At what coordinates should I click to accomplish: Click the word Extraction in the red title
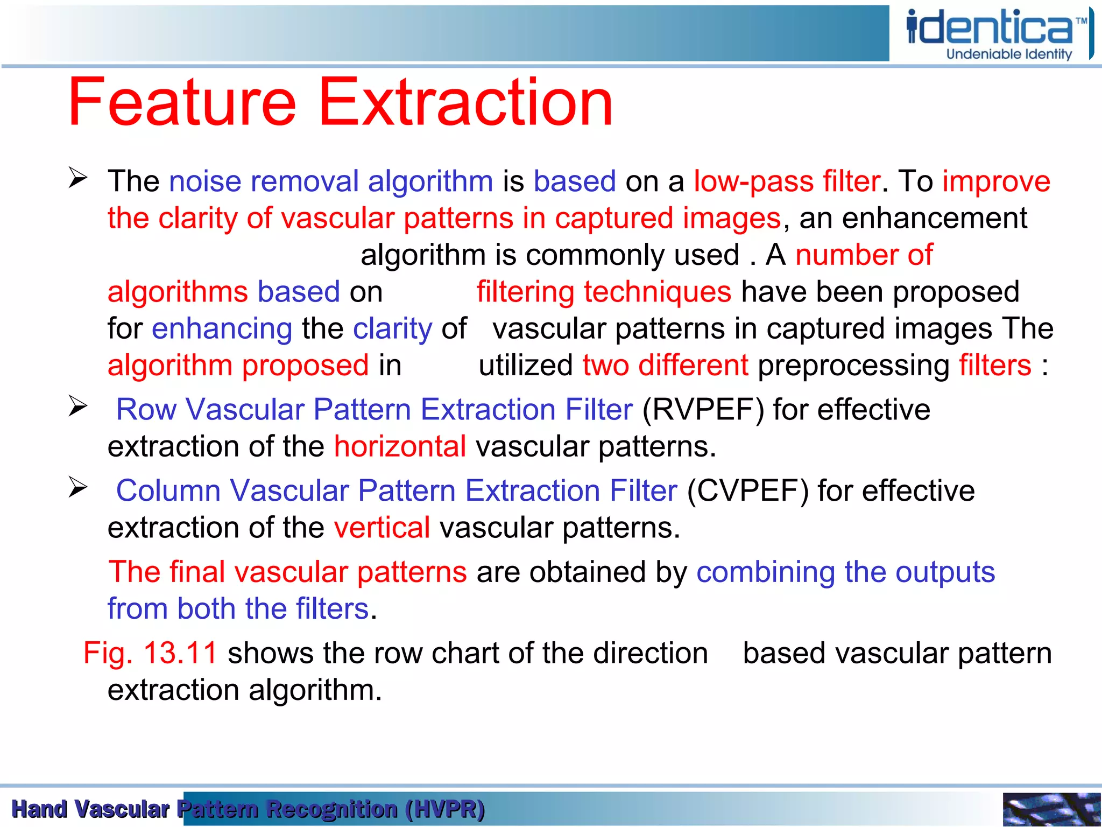pos(466,102)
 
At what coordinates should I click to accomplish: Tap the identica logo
pos(990,27)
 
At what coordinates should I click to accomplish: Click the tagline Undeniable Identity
pos(1009,54)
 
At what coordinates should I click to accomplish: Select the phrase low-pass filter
pos(787,181)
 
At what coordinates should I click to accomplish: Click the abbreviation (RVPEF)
pos(703,410)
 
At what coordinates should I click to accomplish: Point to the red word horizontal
pos(400,447)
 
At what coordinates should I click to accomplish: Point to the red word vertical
pos(382,528)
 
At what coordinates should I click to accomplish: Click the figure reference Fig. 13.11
pos(150,654)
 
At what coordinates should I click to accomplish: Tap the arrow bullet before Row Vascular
pos(78,406)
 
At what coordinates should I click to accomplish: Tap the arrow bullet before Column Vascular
pos(78,487)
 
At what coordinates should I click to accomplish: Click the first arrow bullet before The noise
pos(78,178)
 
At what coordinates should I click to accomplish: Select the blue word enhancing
pos(222,329)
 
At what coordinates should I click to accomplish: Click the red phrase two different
pos(665,366)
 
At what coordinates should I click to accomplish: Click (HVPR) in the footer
pos(445,809)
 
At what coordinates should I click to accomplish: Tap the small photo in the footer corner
pos(1051,809)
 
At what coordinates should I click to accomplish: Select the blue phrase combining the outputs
pos(845,572)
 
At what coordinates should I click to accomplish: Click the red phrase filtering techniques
pos(604,292)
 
